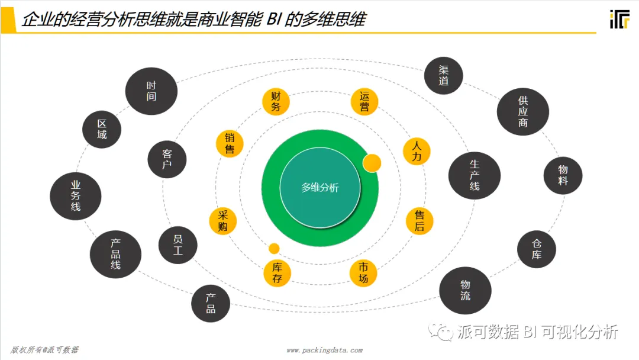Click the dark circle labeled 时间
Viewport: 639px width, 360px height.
(151, 91)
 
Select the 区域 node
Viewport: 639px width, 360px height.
(102, 129)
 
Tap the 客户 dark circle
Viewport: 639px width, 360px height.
(167, 159)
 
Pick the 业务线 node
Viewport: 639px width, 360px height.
(76, 196)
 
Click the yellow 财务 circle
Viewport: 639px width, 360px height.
(276, 101)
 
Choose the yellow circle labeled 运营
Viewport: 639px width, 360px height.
(364, 101)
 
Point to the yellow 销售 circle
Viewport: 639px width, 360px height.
(230, 143)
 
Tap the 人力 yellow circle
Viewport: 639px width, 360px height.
(417, 151)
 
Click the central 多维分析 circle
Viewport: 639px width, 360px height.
(319, 188)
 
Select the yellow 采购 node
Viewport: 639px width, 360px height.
(223, 221)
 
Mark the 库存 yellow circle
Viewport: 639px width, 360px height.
(277, 273)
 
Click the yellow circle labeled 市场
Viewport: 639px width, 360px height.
(363, 273)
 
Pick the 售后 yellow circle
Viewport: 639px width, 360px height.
(419, 221)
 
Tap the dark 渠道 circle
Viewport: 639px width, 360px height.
(444, 76)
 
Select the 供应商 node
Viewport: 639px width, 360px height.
(522, 112)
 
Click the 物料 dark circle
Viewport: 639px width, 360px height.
(563, 175)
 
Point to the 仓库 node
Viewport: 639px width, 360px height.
(536, 249)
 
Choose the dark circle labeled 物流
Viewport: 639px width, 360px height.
(466, 290)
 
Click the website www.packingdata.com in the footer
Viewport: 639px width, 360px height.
(324, 350)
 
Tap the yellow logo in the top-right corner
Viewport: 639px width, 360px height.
(619, 19)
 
